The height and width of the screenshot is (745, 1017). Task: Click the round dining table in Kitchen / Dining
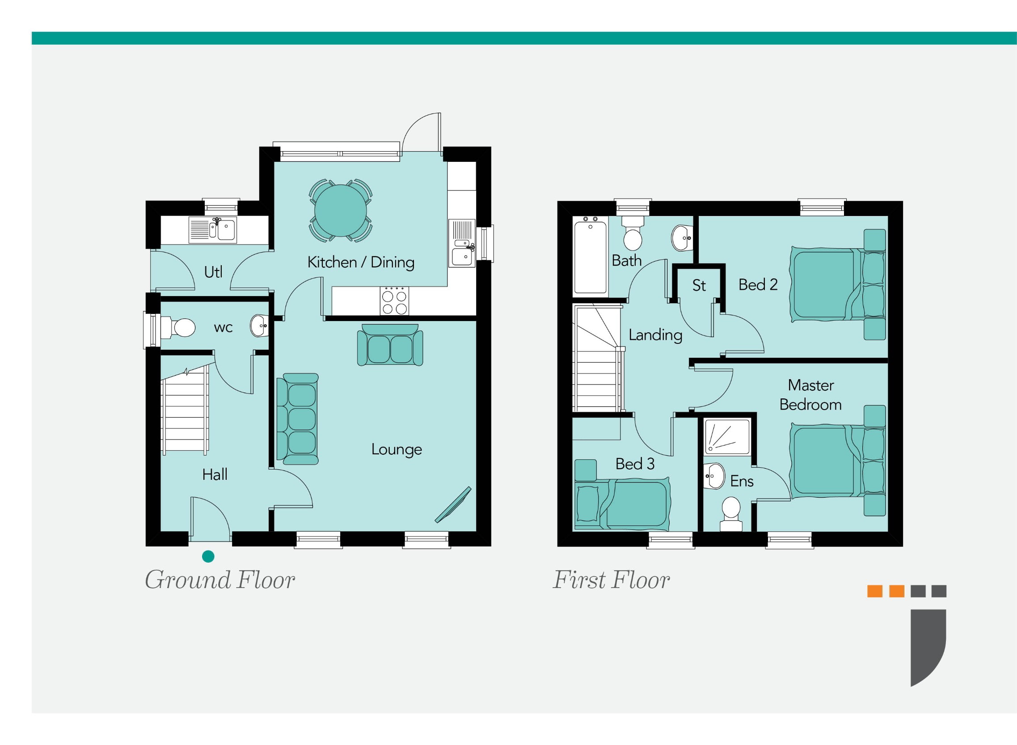pos(340,211)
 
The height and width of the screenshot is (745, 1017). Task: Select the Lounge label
pos(396,449)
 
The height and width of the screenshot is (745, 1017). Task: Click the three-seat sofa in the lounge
pos(300,419)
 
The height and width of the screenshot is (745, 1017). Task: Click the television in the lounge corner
pos(453,505)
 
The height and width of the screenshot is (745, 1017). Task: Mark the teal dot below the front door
pos(208,556)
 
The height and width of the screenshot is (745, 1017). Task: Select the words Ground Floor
pos(219,580)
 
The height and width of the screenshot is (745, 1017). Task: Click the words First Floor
pos(611,580)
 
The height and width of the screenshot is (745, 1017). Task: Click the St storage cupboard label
pos(699,285)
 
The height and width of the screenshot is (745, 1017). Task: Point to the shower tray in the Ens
pos(727,436)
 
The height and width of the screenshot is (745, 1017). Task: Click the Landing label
pos(655,335)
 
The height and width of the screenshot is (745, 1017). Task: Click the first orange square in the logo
pos(874,591)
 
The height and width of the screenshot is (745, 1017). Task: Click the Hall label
pos(215,474)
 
